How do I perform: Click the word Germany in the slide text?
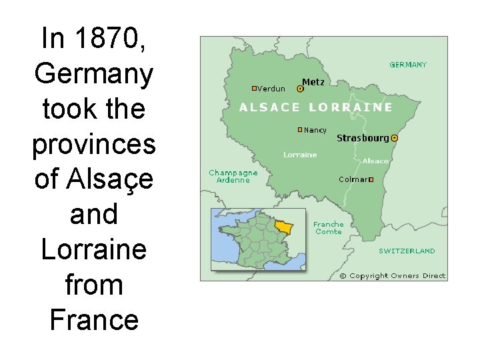pyautogui.click(x=93, y=73)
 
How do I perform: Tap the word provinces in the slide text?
pyautogui.click(x=93, y=144)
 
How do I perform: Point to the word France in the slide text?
pyautogui.click(x=93, y=319)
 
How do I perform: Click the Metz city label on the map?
pyautogui.click(x=313, y=82)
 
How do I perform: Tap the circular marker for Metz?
pyautogui.click(x=300, y=88)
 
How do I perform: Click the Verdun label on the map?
pyautogui.click(x=271, y=88)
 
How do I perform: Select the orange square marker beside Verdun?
pyautogui.click(x=254, y=88)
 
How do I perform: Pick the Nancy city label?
pyautogui.click(x=315, y=130)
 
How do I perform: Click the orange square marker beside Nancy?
pyautogui.click(x=300, y=129)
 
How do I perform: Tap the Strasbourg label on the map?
pyautogui.click(x=363, y=138)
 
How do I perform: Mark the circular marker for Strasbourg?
pyautogui.click(x=394, y=138)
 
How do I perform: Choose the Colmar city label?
pyautogui.click(x=353, y=179)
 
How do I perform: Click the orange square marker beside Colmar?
pyautogui.click(x=371, y=179)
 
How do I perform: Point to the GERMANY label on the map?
pyautogui.click(x=408, y=65)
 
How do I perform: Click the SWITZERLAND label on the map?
pyautogui.click(x=407, y=251)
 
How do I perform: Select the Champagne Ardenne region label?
pyautogui.click(x=233, y=176)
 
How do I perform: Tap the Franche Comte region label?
pyautogui.click(x=329, y=228)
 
